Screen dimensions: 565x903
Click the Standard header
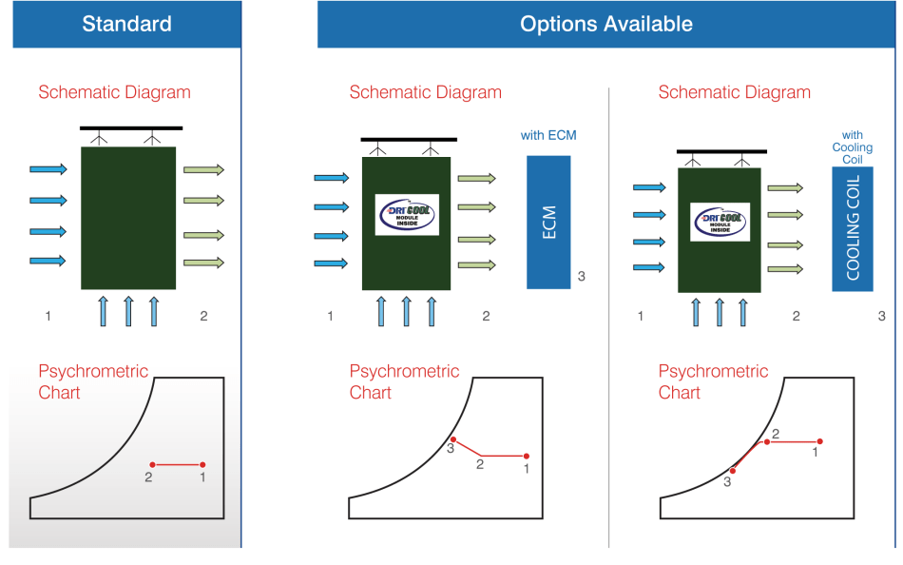[126, 24]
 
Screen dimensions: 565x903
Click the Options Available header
[605, 24]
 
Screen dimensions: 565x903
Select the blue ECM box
[548, 222]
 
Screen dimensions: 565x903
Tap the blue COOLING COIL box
[852, 227]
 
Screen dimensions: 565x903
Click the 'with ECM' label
[548, 135]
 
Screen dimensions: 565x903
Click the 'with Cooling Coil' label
[852, 147]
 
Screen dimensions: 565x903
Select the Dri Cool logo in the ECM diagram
[407, 215]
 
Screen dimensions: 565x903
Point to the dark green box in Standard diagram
[128, 218]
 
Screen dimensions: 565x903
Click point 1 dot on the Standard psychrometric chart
[203, 464]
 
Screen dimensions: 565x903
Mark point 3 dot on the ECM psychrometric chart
[453, 439]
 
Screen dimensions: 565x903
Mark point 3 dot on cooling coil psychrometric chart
[732, 471]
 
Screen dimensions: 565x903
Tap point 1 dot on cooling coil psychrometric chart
[819, 441]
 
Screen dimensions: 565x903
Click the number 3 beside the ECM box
[581, 277]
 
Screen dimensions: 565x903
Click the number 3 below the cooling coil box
[881, 316]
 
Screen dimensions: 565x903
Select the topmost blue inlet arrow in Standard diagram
[48, 169]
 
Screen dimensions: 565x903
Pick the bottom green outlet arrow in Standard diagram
[203, 262]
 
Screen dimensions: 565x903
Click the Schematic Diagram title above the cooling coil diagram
[734, 92]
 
